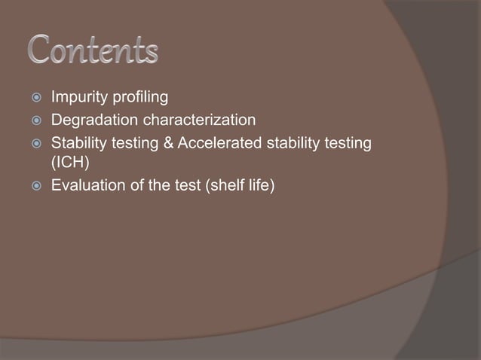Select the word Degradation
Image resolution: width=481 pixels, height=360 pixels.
coord(90,120)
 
